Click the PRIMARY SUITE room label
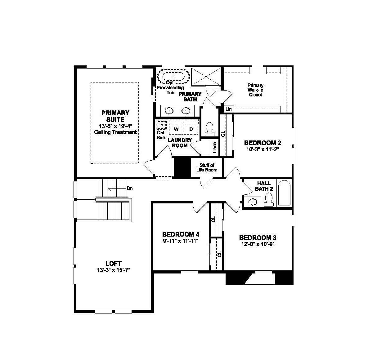pos(115,116)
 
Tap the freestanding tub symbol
pos(173,76)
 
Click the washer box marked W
pos(176,129)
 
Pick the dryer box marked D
pos(191,129)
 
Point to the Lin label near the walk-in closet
pos(229,109)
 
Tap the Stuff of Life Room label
pos(207,167)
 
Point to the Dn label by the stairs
pos(130,188)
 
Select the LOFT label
pos(113,263)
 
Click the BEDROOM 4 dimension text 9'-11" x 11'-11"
pos(180,240)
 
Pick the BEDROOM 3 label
pos(258,238)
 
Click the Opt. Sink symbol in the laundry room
pos(161,125)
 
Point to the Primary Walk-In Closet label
pos(255,90)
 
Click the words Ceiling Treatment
pos(115,132)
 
